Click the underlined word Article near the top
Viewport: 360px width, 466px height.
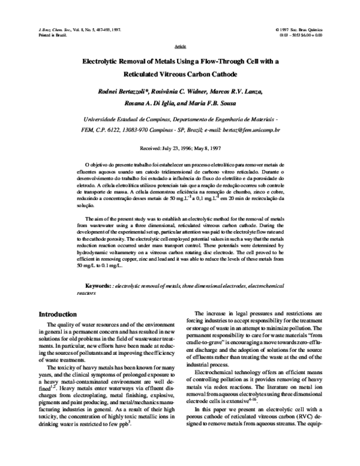coord(180,46)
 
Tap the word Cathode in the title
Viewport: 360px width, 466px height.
coord(224,75)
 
